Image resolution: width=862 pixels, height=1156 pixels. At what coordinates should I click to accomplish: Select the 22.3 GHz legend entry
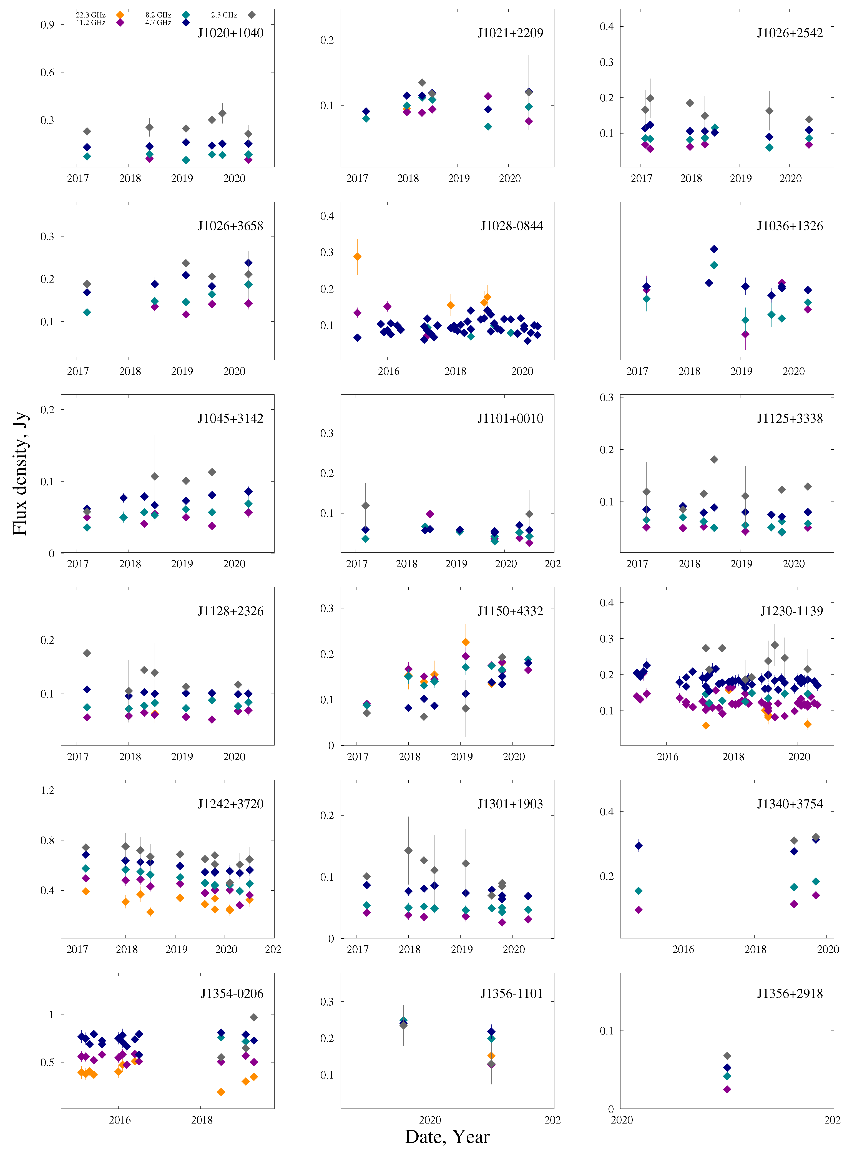pyautogui.click(x=119, y=15)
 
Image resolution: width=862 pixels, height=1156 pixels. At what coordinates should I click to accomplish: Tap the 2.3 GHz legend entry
pyautogui.click(x=252, y=15)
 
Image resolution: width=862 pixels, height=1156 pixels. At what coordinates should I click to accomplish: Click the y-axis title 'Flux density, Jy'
pyautogui.click(x=19, y=474)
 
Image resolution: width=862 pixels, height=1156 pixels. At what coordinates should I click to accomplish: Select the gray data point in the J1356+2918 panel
pyautogui.click(x=727, y=1056)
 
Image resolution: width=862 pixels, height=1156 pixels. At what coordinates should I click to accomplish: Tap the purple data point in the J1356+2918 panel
pyautogui.click(x=727, y=1089)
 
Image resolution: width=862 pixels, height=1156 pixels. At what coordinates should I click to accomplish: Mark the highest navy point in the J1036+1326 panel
pyautogui.click(x=714, y=249)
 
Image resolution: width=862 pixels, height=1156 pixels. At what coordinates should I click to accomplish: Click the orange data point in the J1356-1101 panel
pyautogui.click(x=491, y=1056)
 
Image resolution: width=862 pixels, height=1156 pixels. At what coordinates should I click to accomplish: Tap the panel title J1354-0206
pyautogui.click(x=232, y=994)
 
